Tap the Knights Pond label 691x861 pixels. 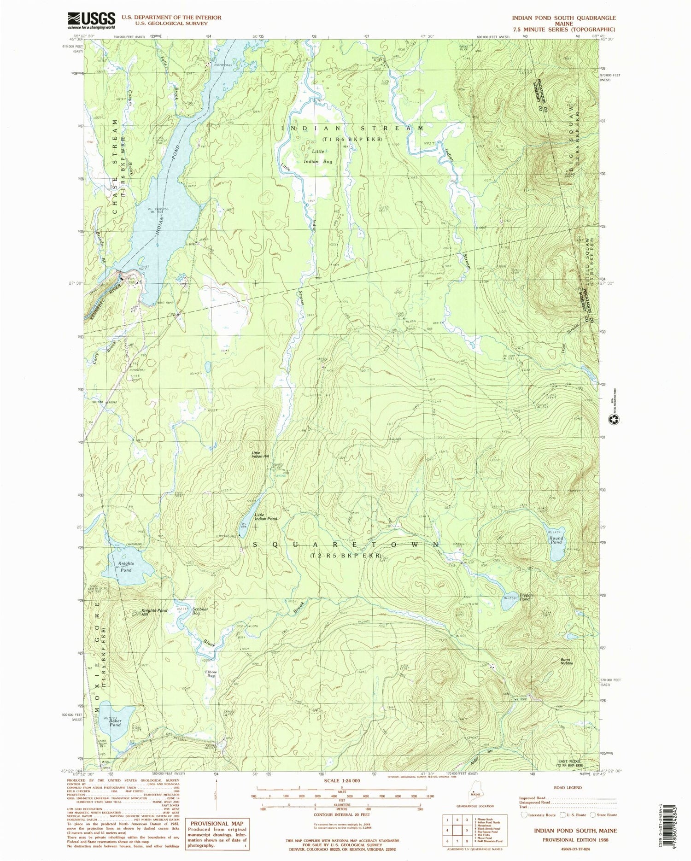pyautogui.click(x=126, y=567)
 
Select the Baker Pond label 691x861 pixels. pyautogui.click(x=115, y=722)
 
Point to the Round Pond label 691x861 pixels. pyautogui.click(x=556, y=540)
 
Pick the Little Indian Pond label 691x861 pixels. pyautogui.click(x=266, y=517)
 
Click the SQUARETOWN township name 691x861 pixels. pyautogui.click(x=345, y=545)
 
